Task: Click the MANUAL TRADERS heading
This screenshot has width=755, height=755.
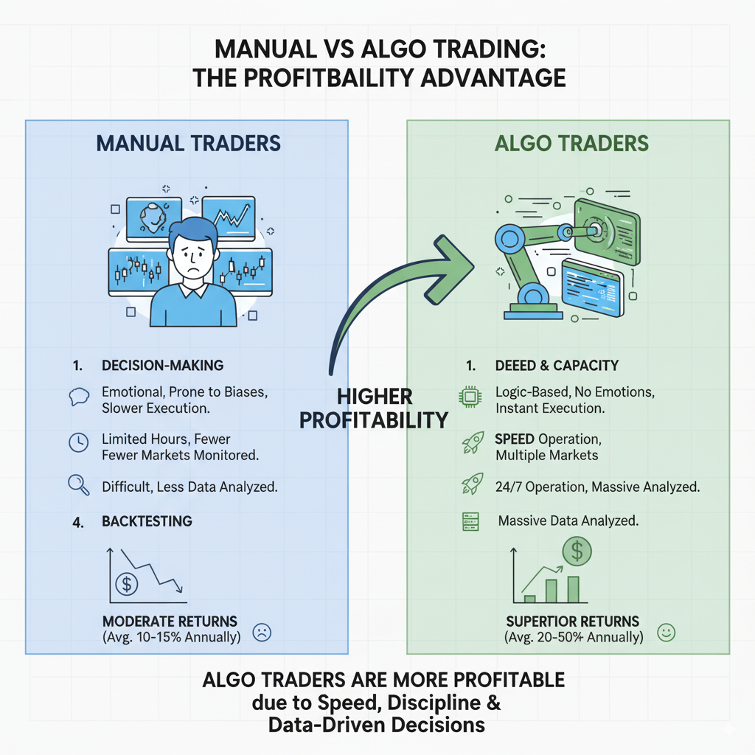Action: (x=187, y=142)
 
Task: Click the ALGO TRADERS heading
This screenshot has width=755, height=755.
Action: (x=571, y=142)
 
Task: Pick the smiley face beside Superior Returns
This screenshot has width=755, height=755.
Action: (x=666, y=632)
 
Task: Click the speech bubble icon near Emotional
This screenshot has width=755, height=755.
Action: (x=78, y=397)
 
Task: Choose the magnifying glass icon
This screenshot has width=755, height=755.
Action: (x=78, y=485)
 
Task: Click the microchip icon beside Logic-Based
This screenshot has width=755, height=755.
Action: (x=469, y=397)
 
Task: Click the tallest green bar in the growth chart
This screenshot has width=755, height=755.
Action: (x=573, y=589)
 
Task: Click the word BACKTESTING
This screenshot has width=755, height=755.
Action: (x=147, y=521)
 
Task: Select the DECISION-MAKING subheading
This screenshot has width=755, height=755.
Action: (x=162, y=366)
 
